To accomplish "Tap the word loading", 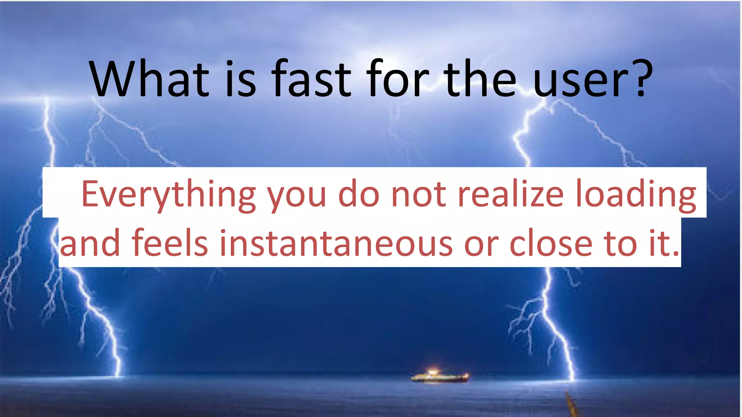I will (x=635, y=195).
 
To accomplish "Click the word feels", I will (x=170, y=243).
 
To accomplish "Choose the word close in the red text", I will (x=551, y=243).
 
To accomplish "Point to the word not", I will (x=418, y=195).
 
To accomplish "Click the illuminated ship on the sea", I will (x=439, y=377).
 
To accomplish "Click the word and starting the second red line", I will (x=90, y=243).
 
